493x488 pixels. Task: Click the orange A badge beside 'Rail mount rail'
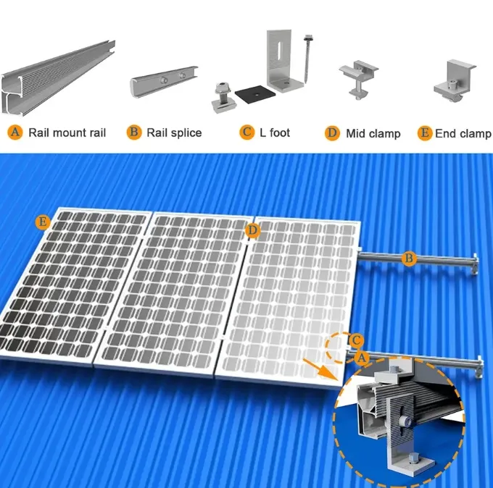tap(15, 132)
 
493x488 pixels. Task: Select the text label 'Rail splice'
tap(174, 132)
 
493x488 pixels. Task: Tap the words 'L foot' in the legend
tap(275, 132)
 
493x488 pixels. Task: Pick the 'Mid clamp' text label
tap(373, 133)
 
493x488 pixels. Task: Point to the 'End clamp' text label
tap(463, 133)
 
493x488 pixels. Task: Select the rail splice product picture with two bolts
tap(166, 80)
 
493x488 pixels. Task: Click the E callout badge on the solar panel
tap(43, 222)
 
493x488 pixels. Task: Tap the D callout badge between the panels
tap(252, 230)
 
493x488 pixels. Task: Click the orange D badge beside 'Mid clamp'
tap(332, 133)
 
